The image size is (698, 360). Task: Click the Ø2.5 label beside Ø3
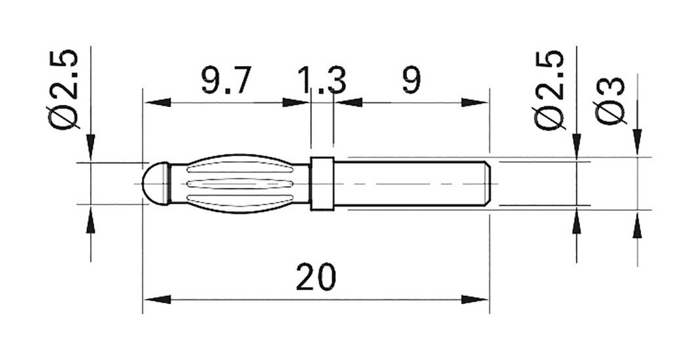550,89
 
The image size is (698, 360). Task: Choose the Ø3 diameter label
610,101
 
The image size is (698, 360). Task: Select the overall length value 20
316,277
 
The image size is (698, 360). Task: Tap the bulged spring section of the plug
239,183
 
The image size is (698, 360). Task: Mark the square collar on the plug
322,183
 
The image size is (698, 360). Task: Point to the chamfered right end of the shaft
486,183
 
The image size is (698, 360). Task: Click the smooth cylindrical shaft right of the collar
409,183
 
